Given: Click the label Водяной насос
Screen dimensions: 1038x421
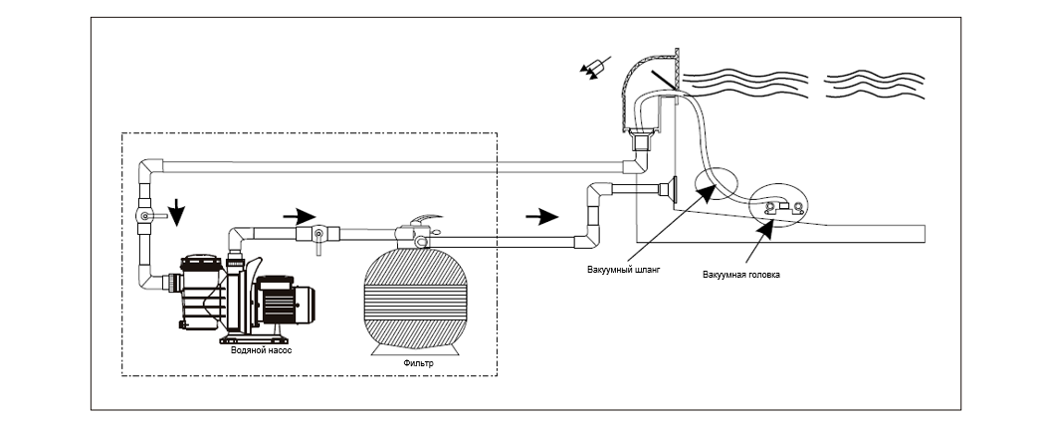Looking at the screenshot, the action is pyautogui.click(x=261, y=350).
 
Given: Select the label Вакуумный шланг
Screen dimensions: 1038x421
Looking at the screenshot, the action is pyautogui.click(x=624, y=270).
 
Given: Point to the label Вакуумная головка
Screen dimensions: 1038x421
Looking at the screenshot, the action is pyautogui.click(x=740, y=274).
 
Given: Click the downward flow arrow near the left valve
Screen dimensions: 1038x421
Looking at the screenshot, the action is pyautogui.click(x=177, y=213).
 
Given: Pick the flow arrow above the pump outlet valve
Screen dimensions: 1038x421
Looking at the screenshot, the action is pyautogui.click(x=300, y=216).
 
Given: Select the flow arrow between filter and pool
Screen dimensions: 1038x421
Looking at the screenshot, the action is pyautogui.click(x=541, y=216).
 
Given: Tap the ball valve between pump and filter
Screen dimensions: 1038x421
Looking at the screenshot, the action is pyautogui.click(x=317, y=236).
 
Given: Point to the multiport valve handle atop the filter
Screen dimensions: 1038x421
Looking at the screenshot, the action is pyautogui.click(x=424, y=220).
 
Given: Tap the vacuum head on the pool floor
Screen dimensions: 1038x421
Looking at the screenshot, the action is pyautogui.click(x=783, y=207).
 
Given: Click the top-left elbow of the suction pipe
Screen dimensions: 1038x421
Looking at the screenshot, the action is pyautogui.click(x=151, y=169).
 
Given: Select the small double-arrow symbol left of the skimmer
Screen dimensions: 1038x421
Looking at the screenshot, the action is pyautogui.click(x=594, y=69).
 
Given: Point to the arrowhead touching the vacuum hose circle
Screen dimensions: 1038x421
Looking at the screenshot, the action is pyautogui.click(x=707, y=193).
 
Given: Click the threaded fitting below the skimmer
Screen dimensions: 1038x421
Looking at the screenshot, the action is pyautogui.click(x=642, y=143).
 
